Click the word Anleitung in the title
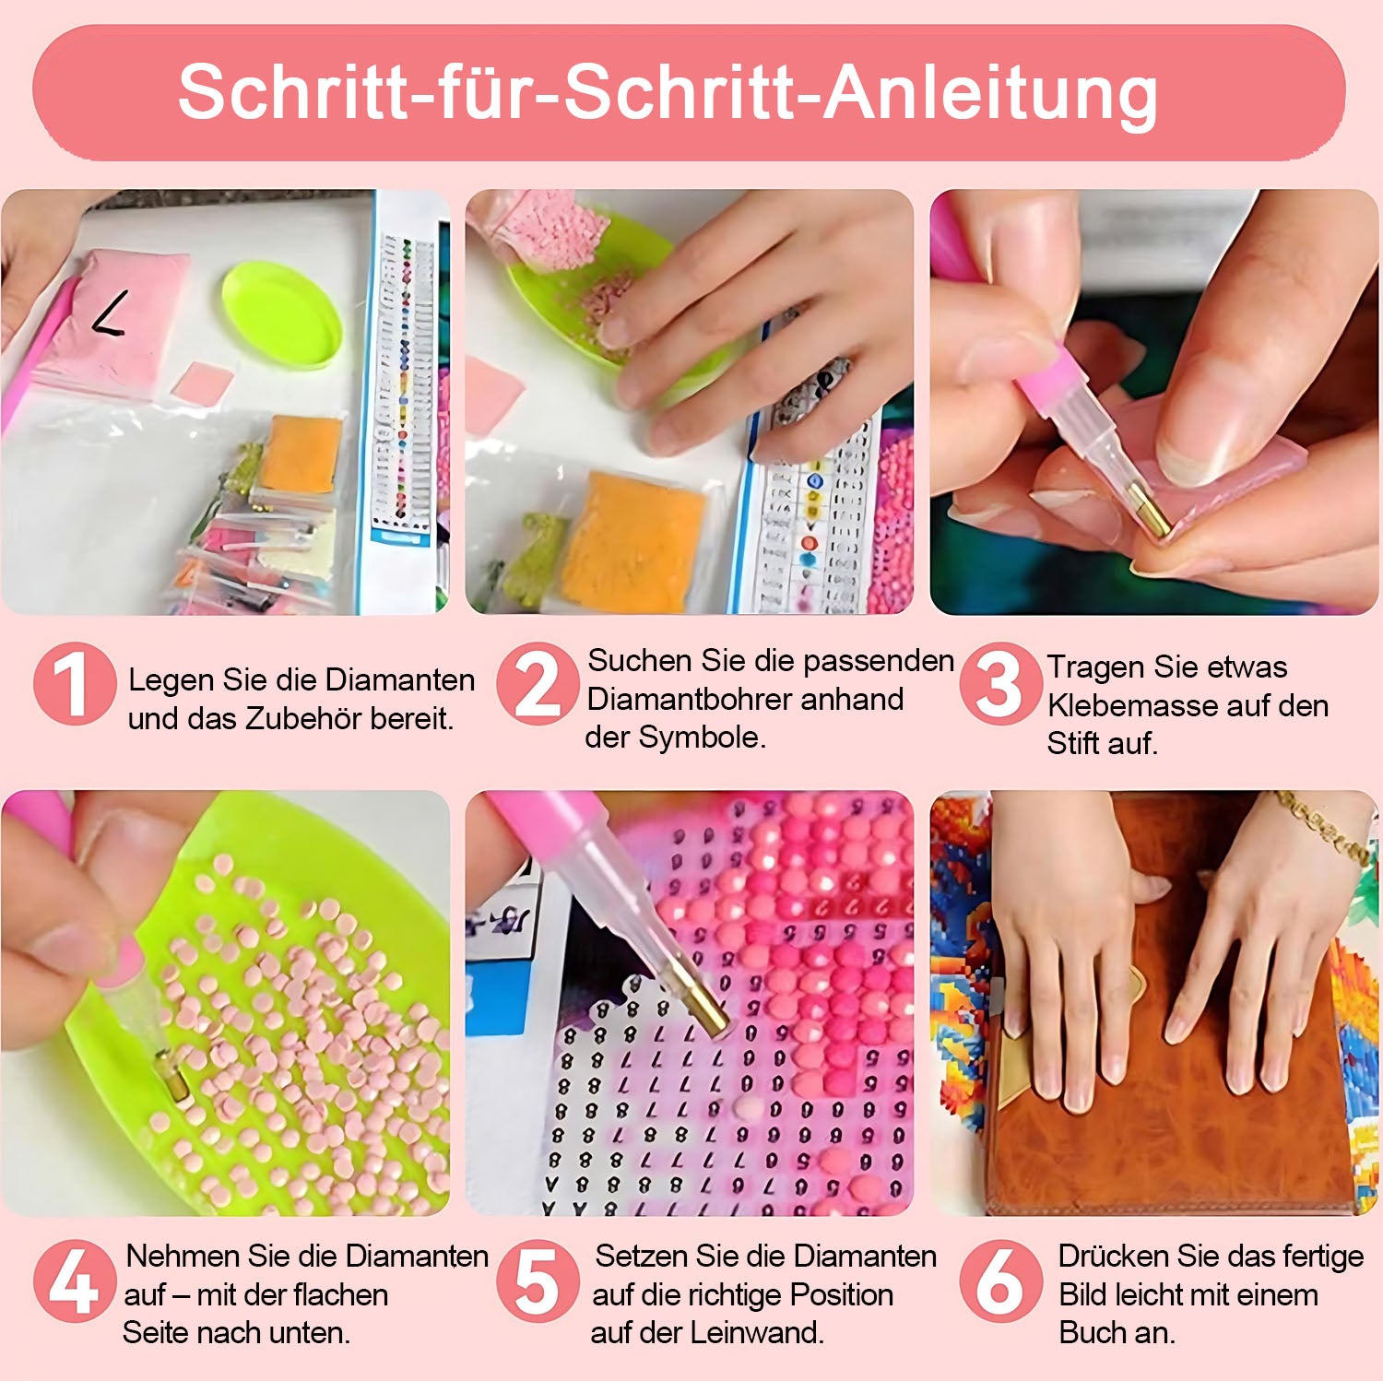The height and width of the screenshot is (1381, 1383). coord(991,94)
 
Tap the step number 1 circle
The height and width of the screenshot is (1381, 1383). coord(75,684)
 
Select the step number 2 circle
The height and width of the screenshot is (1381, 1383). coord(538,684)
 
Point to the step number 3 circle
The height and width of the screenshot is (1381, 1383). coord(1000,684)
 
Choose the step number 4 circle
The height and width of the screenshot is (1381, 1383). coord(75,1281)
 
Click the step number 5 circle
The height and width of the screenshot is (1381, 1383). coord(538,1281)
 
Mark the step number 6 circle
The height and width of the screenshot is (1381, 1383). coord(1000,1281)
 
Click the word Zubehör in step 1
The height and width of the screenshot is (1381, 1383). coord(304,718)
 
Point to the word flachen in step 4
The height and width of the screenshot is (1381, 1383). coord(337,1294)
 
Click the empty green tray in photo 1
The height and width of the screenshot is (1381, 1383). coord(282,313)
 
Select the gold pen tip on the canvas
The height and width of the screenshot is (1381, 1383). coord(709,1008)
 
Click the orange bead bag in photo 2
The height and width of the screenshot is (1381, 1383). coord(633,542)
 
